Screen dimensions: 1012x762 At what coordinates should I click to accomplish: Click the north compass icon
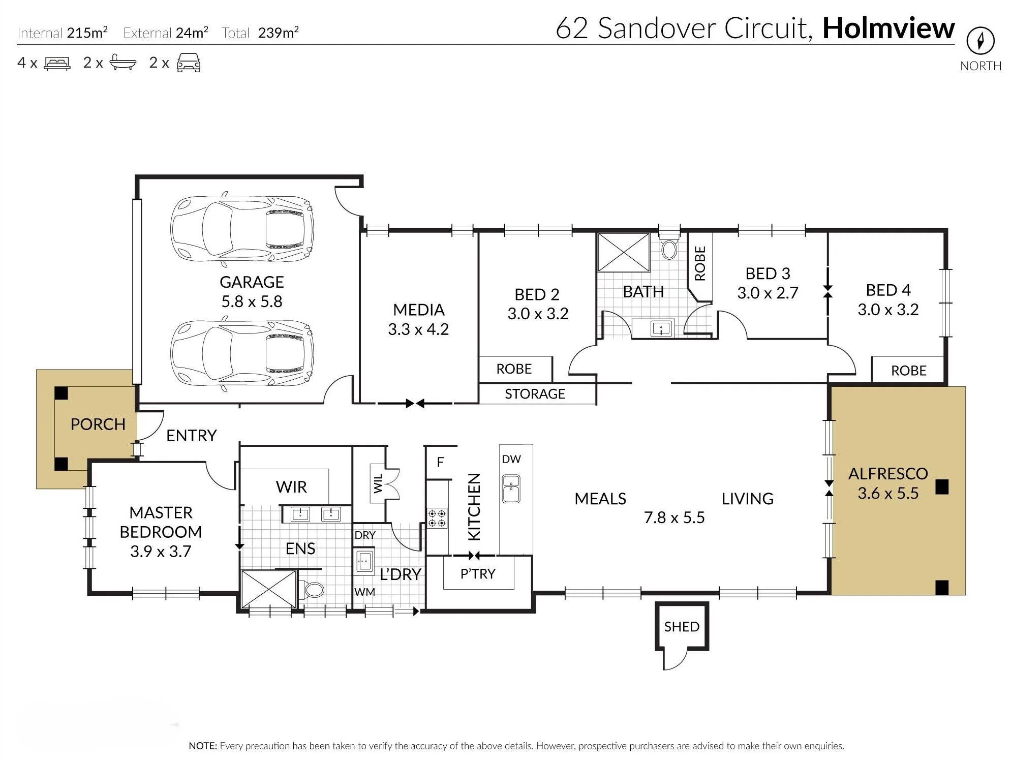pyautogui.click(x=980, y=40)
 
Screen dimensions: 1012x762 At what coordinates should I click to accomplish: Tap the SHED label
pyautogui.click(x=682, y=627)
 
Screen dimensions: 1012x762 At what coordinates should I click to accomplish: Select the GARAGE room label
pyautogui.click(x=252, y=282)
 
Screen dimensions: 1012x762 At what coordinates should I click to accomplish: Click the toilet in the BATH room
pyautogui.click(x=669, y=246)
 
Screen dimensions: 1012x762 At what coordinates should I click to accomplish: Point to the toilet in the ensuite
pyautogui.click(x=312, y=590)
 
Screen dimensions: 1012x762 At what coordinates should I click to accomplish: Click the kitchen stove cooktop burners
pyautogui.click(x=437, y=518)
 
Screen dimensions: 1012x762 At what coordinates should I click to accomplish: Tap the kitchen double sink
pyautogui.click(x=511, y=489)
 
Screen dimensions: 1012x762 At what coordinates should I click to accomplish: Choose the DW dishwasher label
pyautogui.click(x=511, y=459)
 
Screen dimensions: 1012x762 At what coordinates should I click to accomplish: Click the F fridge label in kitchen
pyautogui.click(x=440, y=462)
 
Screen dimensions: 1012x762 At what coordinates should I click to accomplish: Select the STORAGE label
pyautogui.click(x=535, y=394)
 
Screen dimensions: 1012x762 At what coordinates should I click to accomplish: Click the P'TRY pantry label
pyautogui.click(x=477, y=574)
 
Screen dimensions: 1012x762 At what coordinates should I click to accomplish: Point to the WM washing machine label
pyautogui.click(x=364, y=592)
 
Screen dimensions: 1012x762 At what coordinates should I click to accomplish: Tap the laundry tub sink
pyautogui.click(x=364, y=562)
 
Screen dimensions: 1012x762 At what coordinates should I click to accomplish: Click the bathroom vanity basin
pyautogui.click(x=661, y=328)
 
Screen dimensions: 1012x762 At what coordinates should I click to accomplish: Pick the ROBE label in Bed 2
pyautogui.click(x=514, y=369)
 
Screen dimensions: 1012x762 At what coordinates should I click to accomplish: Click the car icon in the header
pyautogui.click(x=189, y=63)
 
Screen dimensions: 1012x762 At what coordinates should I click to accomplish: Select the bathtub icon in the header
pyautogui.click(x=122, y=63)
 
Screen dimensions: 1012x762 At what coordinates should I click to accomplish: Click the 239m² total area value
pyautogui.click(x=278, y=33)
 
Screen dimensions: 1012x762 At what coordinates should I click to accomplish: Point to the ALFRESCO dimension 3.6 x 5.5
pyautogui.click(x=888, y=493)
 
